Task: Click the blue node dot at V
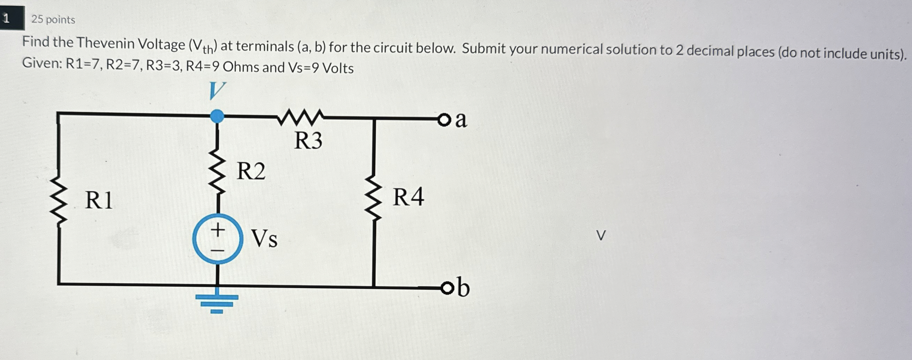pos(217,116)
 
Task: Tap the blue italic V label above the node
pos(217,91)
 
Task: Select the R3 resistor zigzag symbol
pos(300,117)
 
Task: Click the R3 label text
pos(308,141)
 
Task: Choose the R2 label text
pos(251,171)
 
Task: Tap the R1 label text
pos(99,200)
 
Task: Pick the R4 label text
pos(408,197)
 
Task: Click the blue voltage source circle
pos(218,239)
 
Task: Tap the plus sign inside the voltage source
pos(218,230)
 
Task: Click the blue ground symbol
pos(217,303)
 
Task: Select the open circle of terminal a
pos(443,120)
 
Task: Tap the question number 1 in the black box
pos(6,18)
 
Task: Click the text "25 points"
pos(53,20)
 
